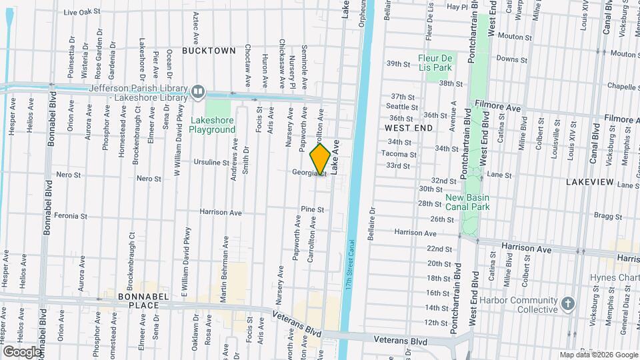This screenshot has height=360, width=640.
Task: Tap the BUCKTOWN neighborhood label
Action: [x=209, y=51]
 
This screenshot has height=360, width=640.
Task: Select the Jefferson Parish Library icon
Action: [x=198, y=92]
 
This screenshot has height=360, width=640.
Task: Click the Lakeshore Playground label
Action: [x=213, y=125]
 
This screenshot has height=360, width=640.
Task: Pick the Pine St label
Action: [x=312, y=209]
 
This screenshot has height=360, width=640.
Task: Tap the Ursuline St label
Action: [x=212, y=162]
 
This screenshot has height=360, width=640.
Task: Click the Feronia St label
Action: [x=71, y=216]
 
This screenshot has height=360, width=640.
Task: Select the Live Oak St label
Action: [x=81, y=12]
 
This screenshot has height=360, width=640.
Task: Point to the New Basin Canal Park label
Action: [x=467, y=202]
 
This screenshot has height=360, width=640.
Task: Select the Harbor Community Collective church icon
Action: [x=567, y=303]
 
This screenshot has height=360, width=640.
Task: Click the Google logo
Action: [x=22, y=351]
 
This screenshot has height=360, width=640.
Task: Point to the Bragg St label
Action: [x=608, y=216]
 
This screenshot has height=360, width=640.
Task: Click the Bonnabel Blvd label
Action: [x=47, y=207]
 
